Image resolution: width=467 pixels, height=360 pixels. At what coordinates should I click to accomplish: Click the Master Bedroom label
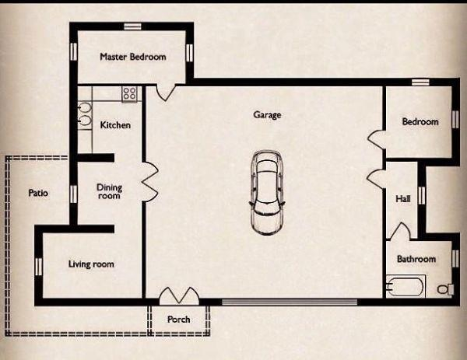pos(133,57)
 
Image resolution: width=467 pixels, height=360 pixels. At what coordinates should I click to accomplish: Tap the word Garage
pos(267,115)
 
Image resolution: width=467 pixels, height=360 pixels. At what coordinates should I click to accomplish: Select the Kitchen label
pos(115,125)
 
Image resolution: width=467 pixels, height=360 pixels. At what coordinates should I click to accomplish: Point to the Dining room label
pos(109,191)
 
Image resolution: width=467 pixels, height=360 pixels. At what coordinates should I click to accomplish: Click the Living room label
pos(91,264)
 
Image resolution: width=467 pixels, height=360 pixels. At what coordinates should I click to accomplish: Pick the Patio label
pos(38,193)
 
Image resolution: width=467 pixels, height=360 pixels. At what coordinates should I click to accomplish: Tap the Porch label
pos(179,320)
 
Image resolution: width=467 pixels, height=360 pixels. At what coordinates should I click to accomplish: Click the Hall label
pos(403,198)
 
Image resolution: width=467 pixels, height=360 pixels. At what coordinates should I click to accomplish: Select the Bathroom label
pos(416,259)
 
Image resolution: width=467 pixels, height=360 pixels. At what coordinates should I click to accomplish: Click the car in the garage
pos(267,193)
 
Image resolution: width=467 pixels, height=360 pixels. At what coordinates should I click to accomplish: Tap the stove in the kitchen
pos(129,94)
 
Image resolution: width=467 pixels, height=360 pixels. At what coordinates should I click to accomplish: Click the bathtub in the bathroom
pos(406,286)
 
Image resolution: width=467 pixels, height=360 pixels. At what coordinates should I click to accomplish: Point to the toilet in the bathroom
pos(445,289)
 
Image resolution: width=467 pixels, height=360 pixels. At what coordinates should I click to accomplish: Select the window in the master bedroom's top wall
pos(132,26)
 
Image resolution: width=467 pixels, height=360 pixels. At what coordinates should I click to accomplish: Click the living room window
pos(39,267)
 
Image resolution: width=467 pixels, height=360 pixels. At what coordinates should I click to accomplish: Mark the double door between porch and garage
pos(179,295)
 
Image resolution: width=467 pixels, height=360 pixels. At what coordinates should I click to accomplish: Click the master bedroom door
pos(166,93)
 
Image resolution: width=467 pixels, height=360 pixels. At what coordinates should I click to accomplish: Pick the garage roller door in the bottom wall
pos(290,302)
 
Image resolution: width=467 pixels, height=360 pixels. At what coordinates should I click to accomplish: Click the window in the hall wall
pos(421,195)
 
